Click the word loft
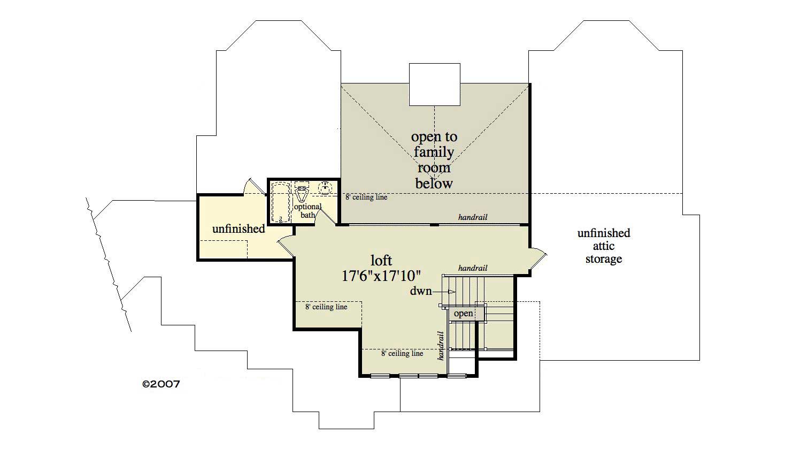click(381, 261)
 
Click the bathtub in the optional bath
click(280, 202)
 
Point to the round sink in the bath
click(325, 188)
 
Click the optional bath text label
click(307, 211)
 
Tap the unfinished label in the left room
click(238, 229)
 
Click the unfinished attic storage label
click(603, 246)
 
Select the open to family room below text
click(434, 160)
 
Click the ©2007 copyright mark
click(160, 384)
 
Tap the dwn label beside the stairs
click(421, 292)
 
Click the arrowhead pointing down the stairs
click(452, 292)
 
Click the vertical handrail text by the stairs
click(441, 345)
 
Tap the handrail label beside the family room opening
click(473, 217)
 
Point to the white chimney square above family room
click(434, 84)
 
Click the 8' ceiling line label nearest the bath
click(366, 197)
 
